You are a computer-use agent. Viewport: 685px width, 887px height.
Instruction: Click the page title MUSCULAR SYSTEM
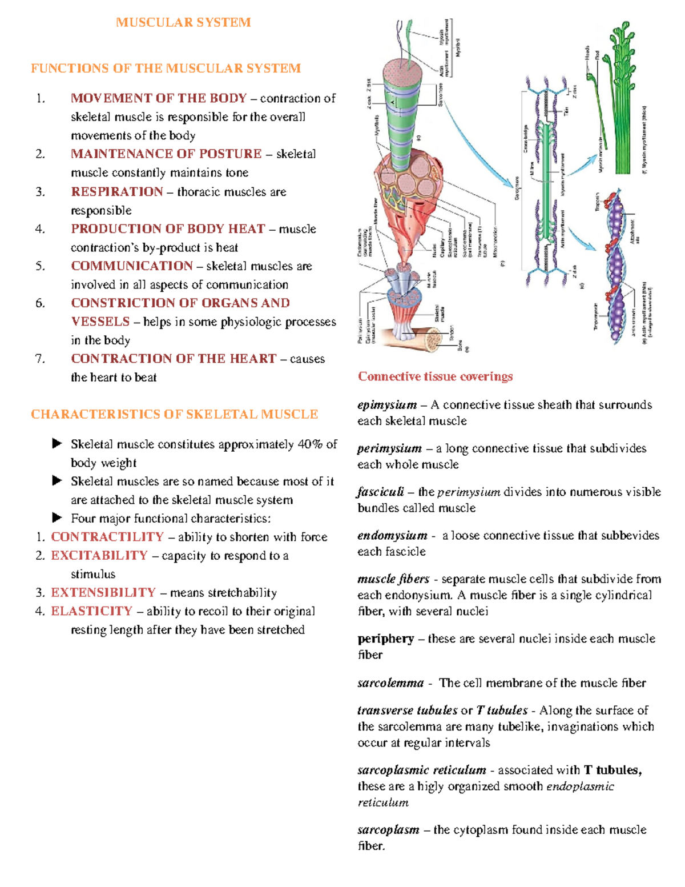pyautogui.click(x=183, y=22)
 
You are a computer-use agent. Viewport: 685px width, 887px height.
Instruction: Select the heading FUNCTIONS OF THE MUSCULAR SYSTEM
pyautogui.click(x=166, y=69)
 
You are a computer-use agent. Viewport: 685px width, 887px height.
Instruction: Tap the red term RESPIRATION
pyautogui.click(x=117, y=192)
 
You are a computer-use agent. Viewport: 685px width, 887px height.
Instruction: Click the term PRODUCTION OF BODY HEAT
pyautogui.click(x=168, y=229)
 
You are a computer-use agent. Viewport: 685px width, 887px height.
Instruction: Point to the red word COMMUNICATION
pyautogui.click(x=132, y=266)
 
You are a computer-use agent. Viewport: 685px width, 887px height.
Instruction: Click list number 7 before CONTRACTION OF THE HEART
pyautogui.click(x=39, y=359)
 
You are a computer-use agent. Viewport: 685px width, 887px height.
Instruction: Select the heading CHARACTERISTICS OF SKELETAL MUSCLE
pyautogui.click(x=174, y=414)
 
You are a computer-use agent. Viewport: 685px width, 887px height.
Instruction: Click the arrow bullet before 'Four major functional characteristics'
pyautogui.click(x=57, y=518)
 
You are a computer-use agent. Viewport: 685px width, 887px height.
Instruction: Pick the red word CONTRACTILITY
pyautogui.click(x=107, y=537)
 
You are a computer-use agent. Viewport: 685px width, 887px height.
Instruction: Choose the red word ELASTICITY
pyautogui.click(x=91, y=611)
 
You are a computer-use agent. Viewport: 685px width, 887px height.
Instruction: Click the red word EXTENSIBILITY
pyautogui.click(x=103, y=593)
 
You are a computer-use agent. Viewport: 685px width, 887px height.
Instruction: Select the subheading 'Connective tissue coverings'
pyautogui.click(x=435, y=376)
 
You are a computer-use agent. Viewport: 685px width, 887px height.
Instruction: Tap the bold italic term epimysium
pyautogui.click(x=387, y=405)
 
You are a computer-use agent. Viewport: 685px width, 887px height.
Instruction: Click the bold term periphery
pyautogui.click(x=385, y=639)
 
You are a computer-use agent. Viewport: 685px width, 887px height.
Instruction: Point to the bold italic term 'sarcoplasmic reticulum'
pyautogui.click(x=422, y=770)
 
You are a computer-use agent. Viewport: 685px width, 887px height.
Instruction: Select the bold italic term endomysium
pyautogui.click(x=392, y=536)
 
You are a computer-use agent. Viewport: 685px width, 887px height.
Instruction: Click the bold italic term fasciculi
pyautogui.click(x=381, y=492)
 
